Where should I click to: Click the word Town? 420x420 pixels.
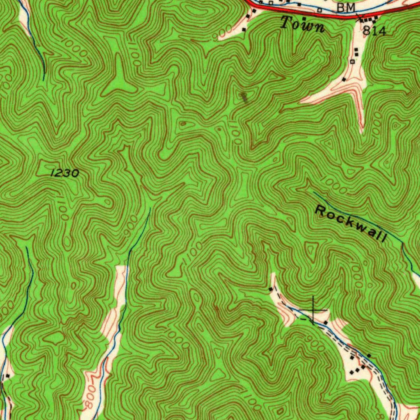coord(303,25)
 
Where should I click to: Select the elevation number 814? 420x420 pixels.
coord(374,31)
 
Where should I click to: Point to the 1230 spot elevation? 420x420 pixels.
coord(64,173)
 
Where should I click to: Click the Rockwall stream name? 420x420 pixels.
coord(351,224)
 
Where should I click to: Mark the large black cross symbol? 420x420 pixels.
coord(313,310)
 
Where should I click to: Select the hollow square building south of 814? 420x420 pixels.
coord(352,62)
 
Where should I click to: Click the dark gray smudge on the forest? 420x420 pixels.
coord(244,97)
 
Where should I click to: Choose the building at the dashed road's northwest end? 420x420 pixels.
coord(270,289)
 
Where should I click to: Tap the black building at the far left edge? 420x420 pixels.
coord(7,375)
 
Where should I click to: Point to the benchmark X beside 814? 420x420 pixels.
coord(360,16)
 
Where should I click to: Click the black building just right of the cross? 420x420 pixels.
coord(326,322)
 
